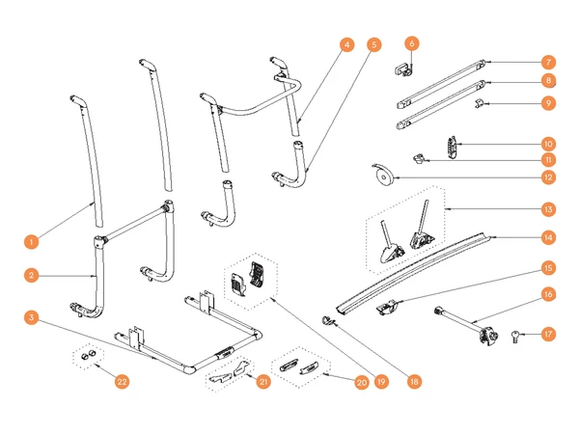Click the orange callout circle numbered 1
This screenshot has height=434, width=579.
(x=32, y=242)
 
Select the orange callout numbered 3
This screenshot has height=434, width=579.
(x=32, y=317)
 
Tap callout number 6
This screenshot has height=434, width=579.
(x=412, y=43)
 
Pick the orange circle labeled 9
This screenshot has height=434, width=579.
(x=548, y=103)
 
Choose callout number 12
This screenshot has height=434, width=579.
(x=548, y=177)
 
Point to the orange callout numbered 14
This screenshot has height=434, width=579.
(x=548, y=237)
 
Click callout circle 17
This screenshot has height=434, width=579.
(x=548, y=334)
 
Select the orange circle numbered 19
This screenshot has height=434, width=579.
(x=381, y=381)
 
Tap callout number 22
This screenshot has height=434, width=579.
(x=122, y=381)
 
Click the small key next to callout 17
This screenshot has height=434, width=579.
(x=515, y=337)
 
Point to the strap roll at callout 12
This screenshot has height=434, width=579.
(x=383, y=176)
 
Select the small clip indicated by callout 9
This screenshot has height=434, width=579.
(x=479, y=104)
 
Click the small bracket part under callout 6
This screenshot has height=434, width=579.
(x=403, y=69)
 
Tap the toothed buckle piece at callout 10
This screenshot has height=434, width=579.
(x=452, y=148)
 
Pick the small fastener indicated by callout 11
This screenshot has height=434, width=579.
(x=418, y=159)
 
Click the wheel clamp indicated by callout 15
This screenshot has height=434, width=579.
(x=387, y=308)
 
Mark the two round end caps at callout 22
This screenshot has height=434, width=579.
(x=89, y=355)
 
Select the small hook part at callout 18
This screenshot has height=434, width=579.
(x=327, y=321)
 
